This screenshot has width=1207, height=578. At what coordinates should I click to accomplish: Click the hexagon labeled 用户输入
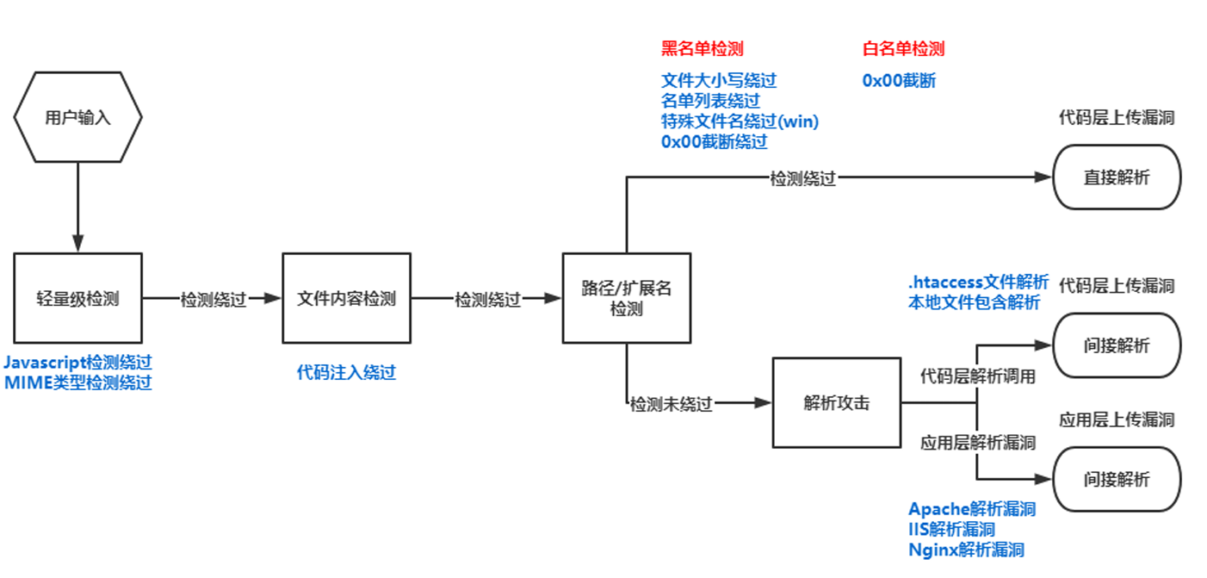[77, 117]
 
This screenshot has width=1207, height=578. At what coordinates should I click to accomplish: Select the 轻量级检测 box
[77, 299]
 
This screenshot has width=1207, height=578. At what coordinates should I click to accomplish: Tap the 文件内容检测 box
[346, 299]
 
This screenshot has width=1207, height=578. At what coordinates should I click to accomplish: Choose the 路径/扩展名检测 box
[626, 299]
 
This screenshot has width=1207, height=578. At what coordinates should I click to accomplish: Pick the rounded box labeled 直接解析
[1117, 177]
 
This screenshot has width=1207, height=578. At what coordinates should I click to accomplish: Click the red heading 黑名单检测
[702, 48]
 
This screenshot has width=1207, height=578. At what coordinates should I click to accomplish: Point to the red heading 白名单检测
[903, 48]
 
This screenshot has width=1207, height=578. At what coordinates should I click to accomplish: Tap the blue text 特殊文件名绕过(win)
[740, 121]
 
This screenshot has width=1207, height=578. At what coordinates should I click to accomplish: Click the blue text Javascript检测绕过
[78, 363]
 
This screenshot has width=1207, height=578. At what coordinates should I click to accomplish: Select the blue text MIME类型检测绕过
[78, 383]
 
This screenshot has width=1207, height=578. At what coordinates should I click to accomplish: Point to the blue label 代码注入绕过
[346, 372]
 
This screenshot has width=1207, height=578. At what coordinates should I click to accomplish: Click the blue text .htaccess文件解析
[978, 282]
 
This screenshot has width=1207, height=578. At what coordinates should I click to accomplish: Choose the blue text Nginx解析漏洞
[966, 550]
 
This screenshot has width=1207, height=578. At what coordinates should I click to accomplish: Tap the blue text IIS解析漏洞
[952, 529]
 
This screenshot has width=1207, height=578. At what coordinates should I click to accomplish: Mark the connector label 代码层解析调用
[978, 376]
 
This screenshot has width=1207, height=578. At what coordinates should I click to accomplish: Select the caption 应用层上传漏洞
[1117, 420]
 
